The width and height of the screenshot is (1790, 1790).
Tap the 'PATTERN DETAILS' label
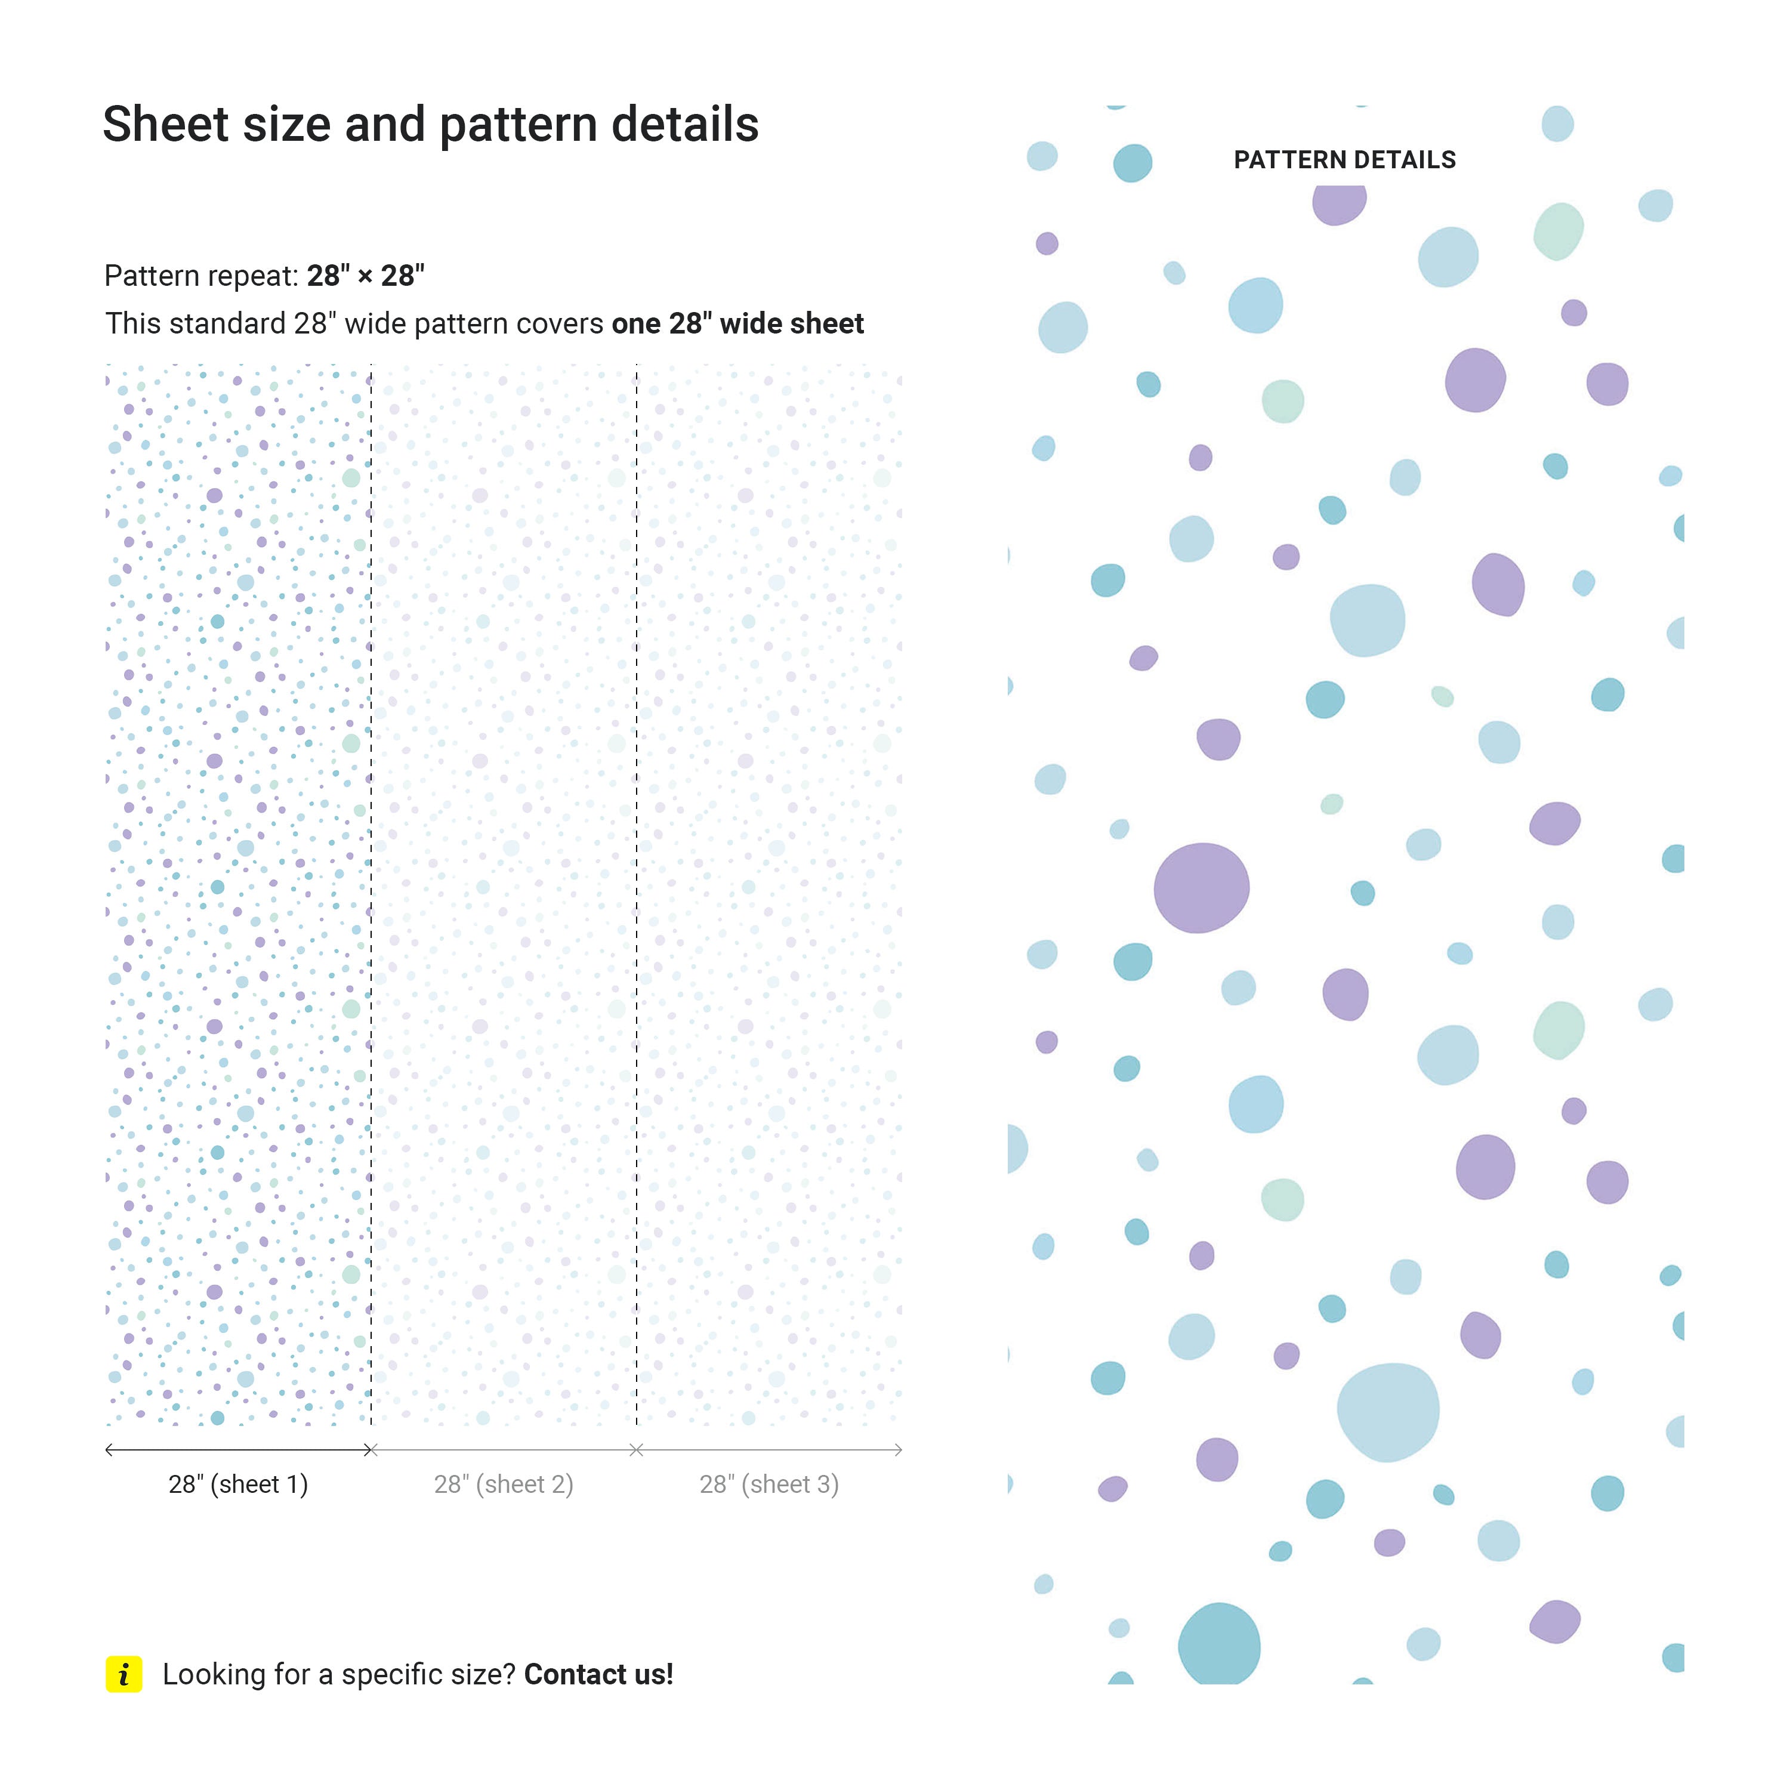(1344, 161)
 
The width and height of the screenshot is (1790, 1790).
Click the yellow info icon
(124, 1674)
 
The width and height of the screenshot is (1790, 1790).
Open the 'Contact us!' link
(598, 1674)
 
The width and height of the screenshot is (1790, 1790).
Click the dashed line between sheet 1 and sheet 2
(371, 890)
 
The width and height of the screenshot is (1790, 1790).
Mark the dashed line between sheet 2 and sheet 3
(637, 890)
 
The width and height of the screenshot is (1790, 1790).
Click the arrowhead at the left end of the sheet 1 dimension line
(109, 1450)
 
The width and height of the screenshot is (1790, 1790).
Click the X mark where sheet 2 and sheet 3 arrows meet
(637, 1450)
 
